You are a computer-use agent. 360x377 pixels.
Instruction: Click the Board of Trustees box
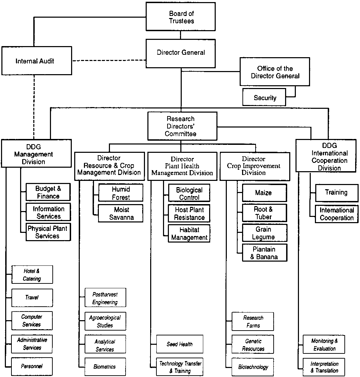[180, 17]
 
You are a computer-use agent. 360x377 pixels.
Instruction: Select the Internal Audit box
[36, 61]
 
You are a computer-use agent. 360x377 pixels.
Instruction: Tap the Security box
[264, 97]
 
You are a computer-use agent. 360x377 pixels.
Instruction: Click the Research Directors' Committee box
[182, 126]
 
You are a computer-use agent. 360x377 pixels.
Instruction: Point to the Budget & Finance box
[48, 192]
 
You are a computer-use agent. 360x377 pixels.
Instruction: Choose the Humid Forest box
[121, 193]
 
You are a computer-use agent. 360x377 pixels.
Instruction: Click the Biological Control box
[189, 193]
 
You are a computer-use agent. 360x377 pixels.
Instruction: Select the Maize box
[265, 193]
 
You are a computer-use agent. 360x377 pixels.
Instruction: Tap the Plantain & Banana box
[265, 253]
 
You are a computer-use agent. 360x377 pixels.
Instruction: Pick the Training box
[337, 193]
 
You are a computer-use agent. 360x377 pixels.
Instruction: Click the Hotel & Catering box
[32, 274]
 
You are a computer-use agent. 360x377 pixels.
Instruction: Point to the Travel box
[32, 298]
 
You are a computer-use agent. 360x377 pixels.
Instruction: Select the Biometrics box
[105, 367]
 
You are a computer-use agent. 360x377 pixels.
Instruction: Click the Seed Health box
[180, 344]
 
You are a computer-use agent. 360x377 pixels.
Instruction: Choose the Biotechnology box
[253, 367]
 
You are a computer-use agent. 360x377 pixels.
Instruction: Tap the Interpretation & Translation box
[324, 367]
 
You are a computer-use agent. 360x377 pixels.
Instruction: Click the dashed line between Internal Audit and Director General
[109, 60]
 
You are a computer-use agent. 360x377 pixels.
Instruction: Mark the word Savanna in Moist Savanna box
[121, 217]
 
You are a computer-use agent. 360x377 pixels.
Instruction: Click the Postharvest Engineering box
[105, 297]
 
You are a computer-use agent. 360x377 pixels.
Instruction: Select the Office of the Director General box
[275, 72]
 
